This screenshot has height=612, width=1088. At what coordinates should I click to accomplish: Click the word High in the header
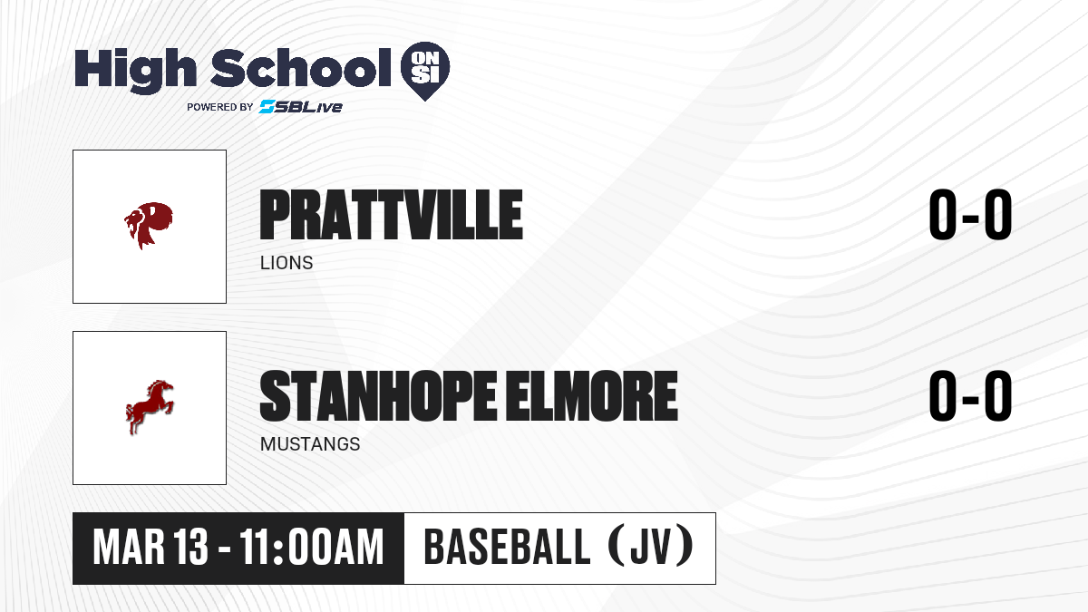click(135, 70)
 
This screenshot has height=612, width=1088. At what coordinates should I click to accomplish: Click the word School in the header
click(301, 67)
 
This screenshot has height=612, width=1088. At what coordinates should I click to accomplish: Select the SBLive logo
click(301, 106)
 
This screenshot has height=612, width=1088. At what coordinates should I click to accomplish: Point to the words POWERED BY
click(220, 107)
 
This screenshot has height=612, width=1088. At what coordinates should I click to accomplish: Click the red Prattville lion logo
click(149, 226)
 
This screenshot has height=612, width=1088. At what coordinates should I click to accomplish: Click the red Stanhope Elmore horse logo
click(150, 407)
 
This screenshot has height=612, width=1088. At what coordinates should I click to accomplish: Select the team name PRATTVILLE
click(391, 215)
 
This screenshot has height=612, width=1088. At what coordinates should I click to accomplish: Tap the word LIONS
click(287, 263)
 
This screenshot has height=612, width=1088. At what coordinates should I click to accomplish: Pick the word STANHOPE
click(378, 396)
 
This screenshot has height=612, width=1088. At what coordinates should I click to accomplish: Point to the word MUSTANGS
click(310, 444)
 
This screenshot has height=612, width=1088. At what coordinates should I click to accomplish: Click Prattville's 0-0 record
click(970, 215)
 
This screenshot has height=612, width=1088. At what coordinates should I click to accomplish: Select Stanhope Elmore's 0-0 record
click(970, 396)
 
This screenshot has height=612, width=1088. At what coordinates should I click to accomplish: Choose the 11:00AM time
click(312, 548)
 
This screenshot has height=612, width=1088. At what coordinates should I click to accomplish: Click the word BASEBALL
click(507, 548)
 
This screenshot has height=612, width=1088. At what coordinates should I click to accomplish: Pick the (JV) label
click(651, 547)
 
